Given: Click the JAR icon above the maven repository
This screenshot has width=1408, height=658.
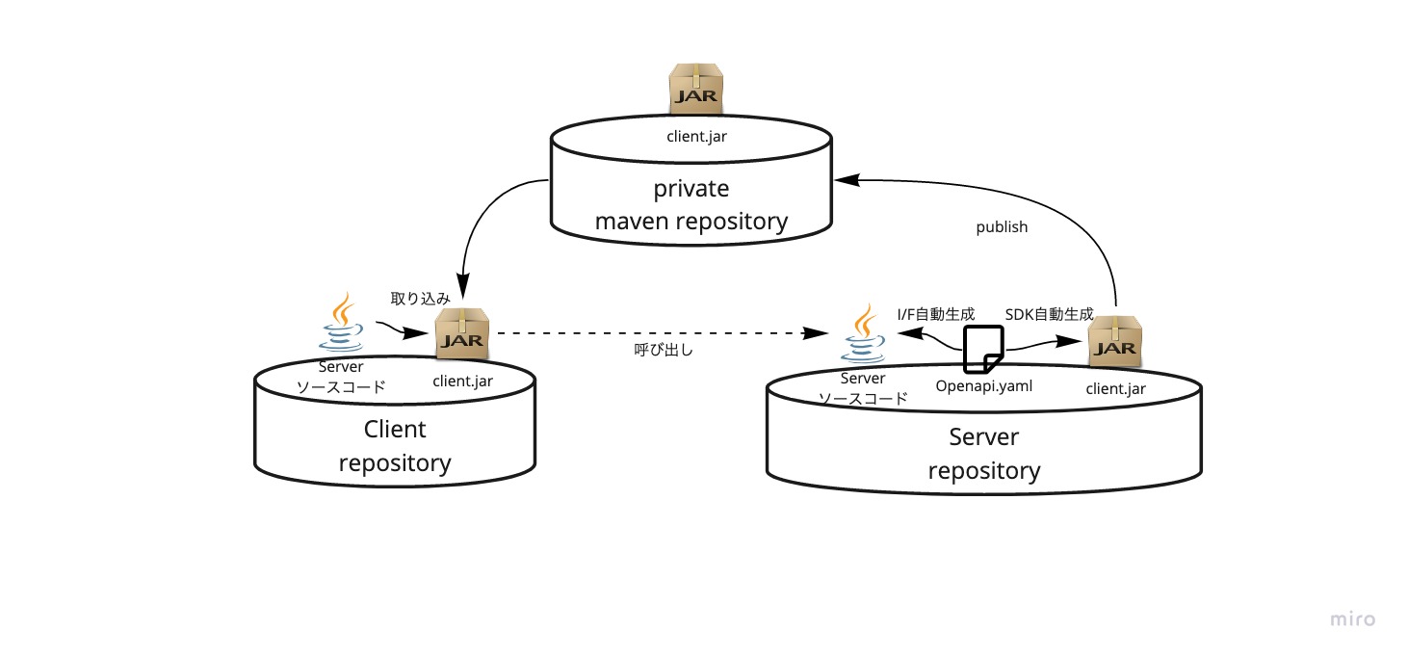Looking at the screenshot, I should point(696,89).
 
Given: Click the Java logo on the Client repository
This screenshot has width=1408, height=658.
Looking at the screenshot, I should point(341,325).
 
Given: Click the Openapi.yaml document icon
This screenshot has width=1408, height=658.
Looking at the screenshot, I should point(984,348).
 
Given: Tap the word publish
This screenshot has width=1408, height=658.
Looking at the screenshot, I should point(1002,227).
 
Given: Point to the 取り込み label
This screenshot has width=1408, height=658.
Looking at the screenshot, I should point(420,298).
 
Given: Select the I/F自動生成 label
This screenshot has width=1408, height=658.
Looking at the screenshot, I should point(935,313).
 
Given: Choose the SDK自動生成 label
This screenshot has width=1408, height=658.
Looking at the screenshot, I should point(1049,313).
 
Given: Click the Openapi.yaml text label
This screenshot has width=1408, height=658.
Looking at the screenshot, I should point(983,385).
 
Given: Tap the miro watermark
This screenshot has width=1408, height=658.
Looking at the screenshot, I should point(1352,619).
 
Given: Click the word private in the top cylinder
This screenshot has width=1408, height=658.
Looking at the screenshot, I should point(691,188).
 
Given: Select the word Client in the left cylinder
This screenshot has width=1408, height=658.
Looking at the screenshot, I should point(395,429).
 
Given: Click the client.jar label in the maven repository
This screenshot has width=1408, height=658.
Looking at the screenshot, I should point(696,136).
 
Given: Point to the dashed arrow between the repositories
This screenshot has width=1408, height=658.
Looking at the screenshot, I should point(655,333).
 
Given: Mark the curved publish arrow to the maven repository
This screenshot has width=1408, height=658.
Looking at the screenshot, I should point(1059,197).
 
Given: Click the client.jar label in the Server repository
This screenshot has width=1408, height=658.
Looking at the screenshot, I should point(1115,389).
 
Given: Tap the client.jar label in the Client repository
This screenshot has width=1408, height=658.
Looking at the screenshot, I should point(462,381).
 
